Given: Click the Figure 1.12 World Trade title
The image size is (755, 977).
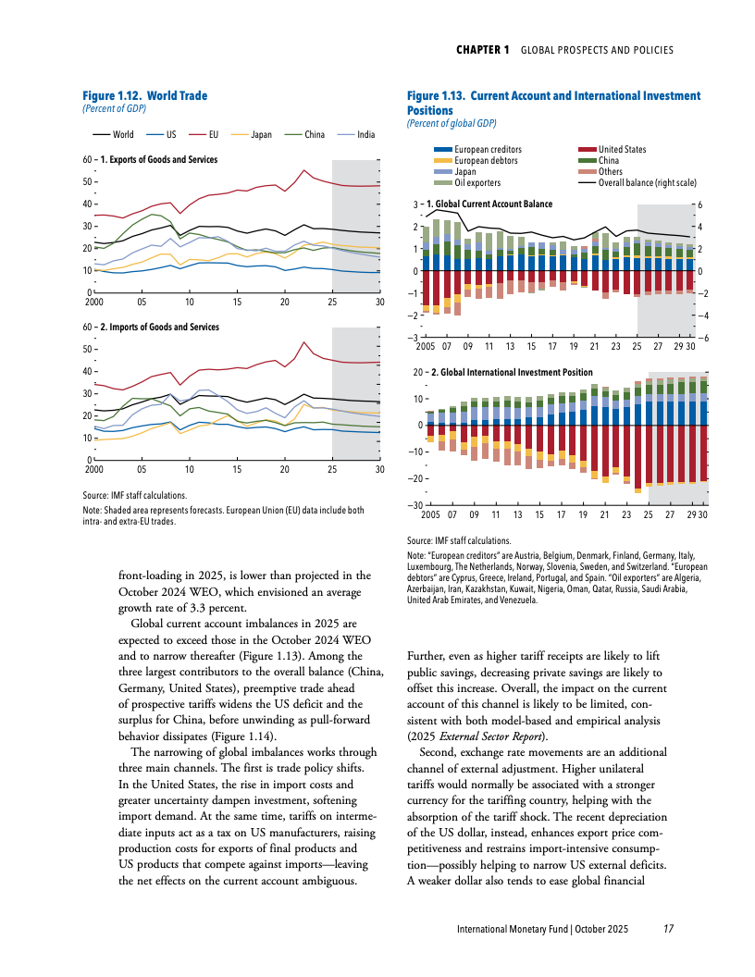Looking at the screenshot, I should (x=145, y=96).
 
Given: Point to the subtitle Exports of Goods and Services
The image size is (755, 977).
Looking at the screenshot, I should (x=159, y=160).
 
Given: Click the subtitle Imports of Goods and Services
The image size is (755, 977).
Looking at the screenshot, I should (x=159, y=328).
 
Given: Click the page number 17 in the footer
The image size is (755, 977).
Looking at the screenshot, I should (x=668, y=928).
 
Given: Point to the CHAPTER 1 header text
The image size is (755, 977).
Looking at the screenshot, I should (x=483, y=50).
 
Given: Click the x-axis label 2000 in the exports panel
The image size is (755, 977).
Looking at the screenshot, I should (x=93, y=303).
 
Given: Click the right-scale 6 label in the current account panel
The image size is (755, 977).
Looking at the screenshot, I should (x=699, y=204).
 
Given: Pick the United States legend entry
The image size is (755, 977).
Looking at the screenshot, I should (x=622, y=149).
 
